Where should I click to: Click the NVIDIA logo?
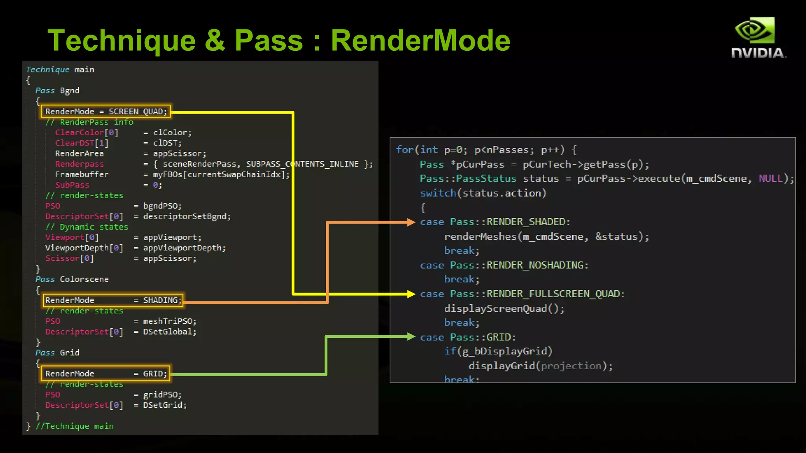(758, 38)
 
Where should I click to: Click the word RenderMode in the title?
(420, 41)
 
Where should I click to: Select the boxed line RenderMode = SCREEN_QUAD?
(105, 111)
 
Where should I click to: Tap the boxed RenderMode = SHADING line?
(113, 300)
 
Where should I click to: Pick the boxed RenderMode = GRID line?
(105, 374)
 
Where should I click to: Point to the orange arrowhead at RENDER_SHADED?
(411, 222)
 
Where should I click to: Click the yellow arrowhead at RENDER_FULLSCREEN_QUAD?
(411, 294)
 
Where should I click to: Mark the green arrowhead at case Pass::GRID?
(411, 337)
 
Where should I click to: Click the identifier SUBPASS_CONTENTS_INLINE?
(302, 164)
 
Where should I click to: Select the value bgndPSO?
(162, 206)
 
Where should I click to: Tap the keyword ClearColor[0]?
(87, 133)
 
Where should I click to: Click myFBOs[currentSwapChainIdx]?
(221, 175)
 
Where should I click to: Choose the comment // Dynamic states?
(87, 227)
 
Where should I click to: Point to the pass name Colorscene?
(84, 279)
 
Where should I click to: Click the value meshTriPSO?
(169, 321)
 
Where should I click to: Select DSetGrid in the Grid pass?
(165, 405)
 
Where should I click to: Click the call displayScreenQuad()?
(504, 309)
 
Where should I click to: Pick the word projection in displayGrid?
(571, 366)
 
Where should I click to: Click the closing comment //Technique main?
(74, 426)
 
